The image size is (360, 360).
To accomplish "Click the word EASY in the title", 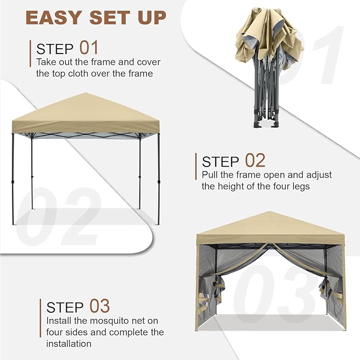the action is (54, 17).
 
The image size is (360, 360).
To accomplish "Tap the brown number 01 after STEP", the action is (89, 48).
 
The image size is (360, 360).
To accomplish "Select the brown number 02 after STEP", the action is (255, 160).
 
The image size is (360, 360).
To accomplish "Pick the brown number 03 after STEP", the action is (100, 306).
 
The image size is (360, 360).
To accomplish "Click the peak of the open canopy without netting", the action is (85, 93).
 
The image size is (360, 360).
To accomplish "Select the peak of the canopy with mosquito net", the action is (270, 212).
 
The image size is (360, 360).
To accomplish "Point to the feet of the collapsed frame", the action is (266, 124).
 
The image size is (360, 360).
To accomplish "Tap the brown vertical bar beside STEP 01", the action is (30, 54).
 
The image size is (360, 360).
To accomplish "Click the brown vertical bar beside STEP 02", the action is (196, 166).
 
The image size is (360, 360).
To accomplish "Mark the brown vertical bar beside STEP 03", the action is (40, 318).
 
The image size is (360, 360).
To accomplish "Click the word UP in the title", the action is (152, 17).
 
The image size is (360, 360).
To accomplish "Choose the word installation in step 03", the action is (69, 344).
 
